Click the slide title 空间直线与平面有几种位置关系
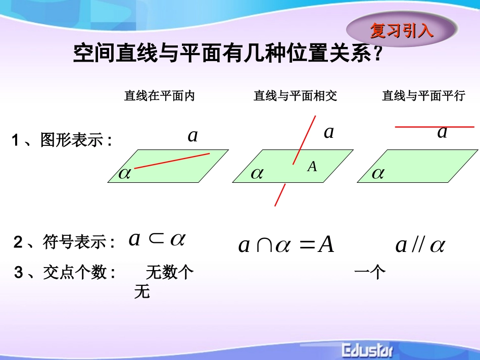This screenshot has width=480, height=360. [227, 53]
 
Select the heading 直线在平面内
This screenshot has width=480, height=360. [159, 96]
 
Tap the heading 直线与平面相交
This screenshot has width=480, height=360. [295, 96]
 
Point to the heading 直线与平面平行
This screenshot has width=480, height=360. [423, 96]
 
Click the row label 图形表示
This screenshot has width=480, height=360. [62, 139]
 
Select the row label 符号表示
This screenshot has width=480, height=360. [64, 243]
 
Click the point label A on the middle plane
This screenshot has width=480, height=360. [312, 166]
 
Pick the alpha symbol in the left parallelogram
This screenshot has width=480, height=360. [124, 174]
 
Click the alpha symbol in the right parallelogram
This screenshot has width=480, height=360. [378, 174]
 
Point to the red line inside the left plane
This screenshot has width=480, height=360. [172, 161]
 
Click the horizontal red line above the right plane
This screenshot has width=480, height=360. [434, 127]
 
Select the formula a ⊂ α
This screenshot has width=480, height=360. [157, 239]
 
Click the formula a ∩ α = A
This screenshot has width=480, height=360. [286, 245]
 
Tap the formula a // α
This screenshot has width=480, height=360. [420, 245]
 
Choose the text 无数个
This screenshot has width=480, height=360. [170, 273]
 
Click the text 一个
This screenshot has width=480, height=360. [370, 273]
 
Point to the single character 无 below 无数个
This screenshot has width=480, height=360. [142, 292]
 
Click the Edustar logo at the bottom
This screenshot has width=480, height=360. [370, 350]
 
